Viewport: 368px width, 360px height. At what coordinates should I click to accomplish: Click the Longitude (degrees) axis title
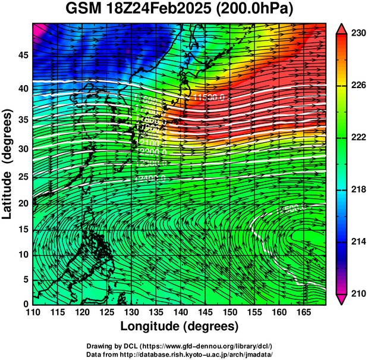coord(180,326)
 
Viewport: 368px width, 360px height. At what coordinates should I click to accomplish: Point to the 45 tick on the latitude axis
coord(21,55)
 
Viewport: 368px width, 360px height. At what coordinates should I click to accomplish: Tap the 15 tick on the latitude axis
coord(21,230)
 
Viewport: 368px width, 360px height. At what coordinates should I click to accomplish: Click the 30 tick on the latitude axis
coord(21,148)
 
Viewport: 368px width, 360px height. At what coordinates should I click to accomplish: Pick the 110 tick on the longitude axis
coord(33,312)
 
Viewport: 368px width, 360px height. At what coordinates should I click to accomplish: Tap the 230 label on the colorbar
coord(358,34)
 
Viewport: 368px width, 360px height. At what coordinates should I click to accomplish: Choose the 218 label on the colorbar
coord(358,189)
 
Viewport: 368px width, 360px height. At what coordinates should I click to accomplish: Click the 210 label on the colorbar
coord(358,293)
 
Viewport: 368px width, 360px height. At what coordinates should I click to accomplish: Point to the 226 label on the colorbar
coord(358,86)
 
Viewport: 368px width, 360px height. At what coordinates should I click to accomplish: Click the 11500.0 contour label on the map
coord(209,96)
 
